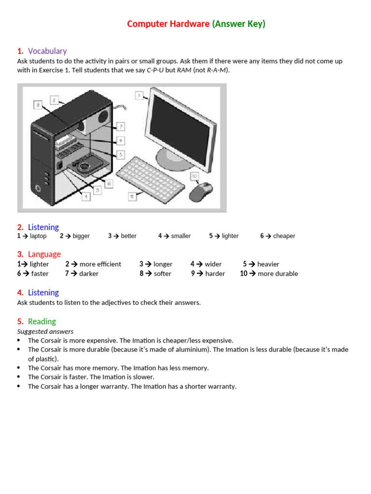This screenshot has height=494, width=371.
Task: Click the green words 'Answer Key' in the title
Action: pyautogui.click(x=239, y=24)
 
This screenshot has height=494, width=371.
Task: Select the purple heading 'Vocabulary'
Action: pyautogui.click(x=47, y=51)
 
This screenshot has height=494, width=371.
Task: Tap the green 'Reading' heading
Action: pyautogui.click(x=42, y=321)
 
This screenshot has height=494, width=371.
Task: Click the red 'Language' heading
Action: pyautogui.click(x=44, y=254)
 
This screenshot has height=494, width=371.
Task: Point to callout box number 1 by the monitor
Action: pyautogui.click(x=139, y=96)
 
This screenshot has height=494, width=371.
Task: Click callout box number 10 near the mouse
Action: pyautogui.click(x=195, y=176)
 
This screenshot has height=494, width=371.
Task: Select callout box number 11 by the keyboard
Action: pyautogui.click(x=132, y=196)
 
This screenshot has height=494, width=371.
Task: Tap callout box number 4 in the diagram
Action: pyautogui.click(x=86, y=196)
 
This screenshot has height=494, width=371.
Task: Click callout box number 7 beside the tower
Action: pyautogui.click(x=121, y=126)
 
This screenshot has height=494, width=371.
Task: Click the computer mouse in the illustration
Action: pyautogui.click(x=200, y=192)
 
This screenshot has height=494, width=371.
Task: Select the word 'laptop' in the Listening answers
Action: pyautogui.click(x=38, y=236)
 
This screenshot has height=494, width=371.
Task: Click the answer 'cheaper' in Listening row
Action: pyautogui.click(x=284, y=236)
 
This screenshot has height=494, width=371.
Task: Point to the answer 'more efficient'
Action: pyautogui.click(x=100, y=264)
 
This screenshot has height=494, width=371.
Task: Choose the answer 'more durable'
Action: pyautogui.click(x=278, y=274)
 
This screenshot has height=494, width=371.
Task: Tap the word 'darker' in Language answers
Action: pyautogui.click(x=89, y=274)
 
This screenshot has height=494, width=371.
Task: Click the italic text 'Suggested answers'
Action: pyautogui.click(x=45, y=331)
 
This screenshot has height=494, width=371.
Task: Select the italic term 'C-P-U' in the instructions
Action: pyautogui.click(x=155, y=70)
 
